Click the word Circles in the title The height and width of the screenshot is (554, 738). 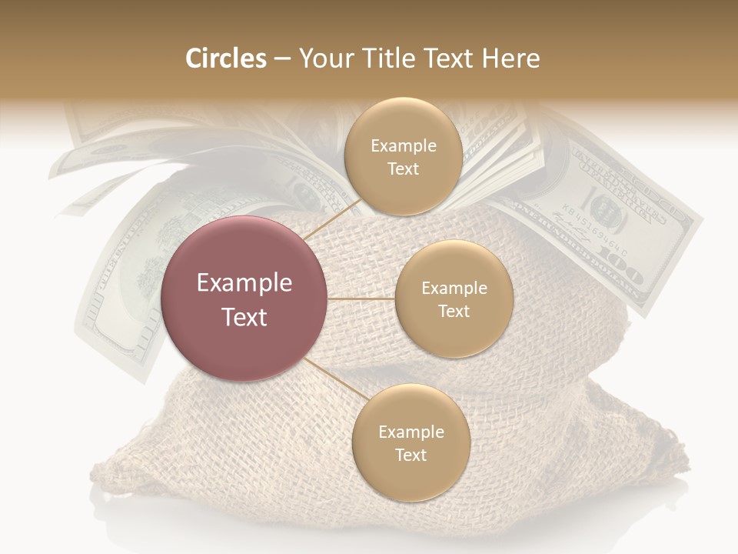(226, 58)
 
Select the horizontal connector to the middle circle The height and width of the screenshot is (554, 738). (361, 299)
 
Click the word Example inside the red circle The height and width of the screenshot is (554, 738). (244, 283)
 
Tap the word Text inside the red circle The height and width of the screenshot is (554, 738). (244, 317)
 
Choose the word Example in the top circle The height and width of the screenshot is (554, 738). (404, 146)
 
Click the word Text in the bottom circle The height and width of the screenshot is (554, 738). (411, 455)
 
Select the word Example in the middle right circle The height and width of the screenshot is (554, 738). (454, 289)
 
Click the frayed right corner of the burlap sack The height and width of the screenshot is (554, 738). (676, 454)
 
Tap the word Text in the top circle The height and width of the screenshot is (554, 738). (403, 169)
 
